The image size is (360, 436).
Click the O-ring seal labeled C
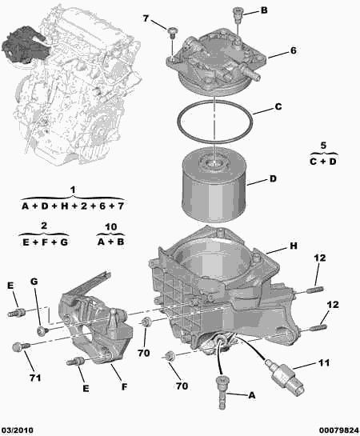(178, 122)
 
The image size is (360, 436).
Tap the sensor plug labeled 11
(284, 376)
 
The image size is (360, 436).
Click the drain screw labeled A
(222, 392)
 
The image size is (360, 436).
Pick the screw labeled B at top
(238, 14)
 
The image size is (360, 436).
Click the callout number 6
(294, 50)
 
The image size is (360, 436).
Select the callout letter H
(294, 246)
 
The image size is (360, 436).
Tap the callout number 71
(35, 378)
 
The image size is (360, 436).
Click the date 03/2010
(18, 430)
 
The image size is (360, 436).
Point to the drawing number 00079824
(338, 430)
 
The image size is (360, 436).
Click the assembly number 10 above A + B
(110, 227)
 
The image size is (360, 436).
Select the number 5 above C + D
(323, 146)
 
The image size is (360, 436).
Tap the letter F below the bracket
(124, 386)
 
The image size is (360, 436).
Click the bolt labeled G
(42, 331)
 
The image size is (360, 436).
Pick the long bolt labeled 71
(22, 347)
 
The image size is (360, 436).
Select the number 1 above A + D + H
(72, 190)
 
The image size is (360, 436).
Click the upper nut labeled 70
(146, 322)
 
